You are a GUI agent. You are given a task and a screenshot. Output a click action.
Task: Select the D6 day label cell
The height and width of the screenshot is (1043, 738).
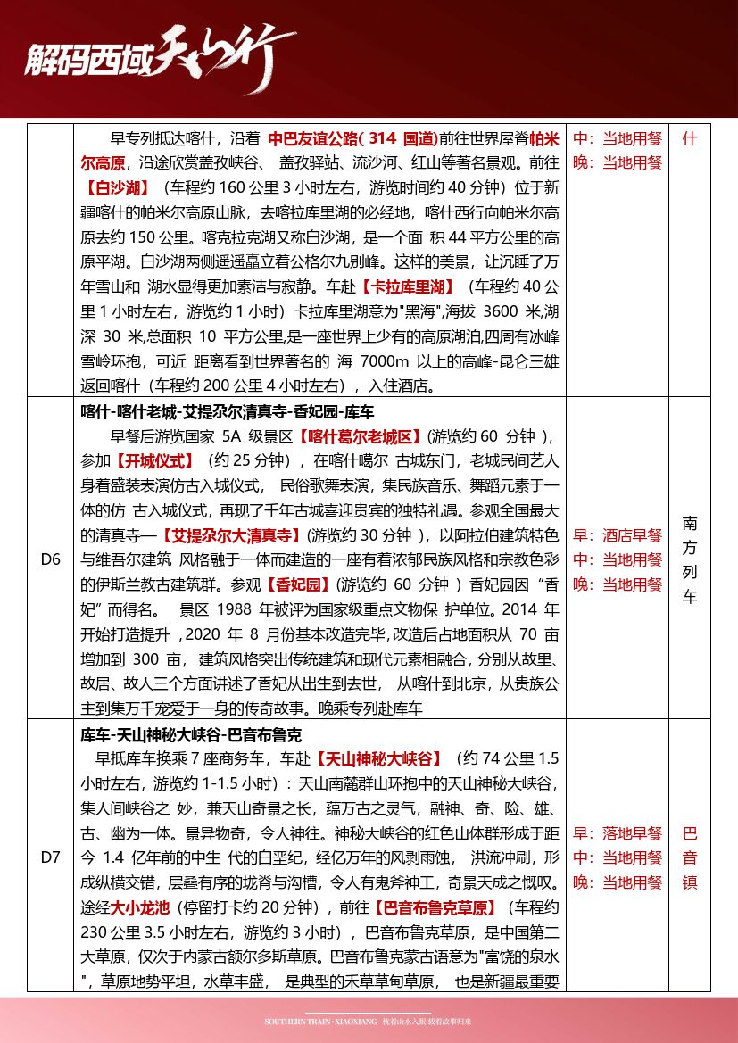[x=51, y=559]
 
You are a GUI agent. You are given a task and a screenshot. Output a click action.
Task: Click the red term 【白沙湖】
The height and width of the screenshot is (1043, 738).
[x=117, y=188]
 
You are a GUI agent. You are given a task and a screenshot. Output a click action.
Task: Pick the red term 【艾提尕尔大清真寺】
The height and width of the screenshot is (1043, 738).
[x=229, y=535]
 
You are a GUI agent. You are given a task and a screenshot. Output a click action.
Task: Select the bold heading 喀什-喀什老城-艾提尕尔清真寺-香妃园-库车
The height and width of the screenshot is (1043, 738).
[x=228, y=412]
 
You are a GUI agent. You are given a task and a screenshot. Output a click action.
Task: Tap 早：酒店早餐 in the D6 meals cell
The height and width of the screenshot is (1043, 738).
[x=618, y=535]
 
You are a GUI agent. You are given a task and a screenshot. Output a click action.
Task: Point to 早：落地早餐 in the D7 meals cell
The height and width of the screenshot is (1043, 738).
[x=618, y=833]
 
